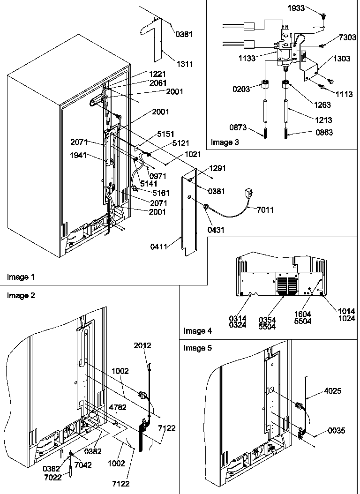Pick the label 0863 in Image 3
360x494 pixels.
pos(323,133)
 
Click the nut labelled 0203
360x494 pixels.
pos(266,86)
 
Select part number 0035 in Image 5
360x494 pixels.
pos(337,431)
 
